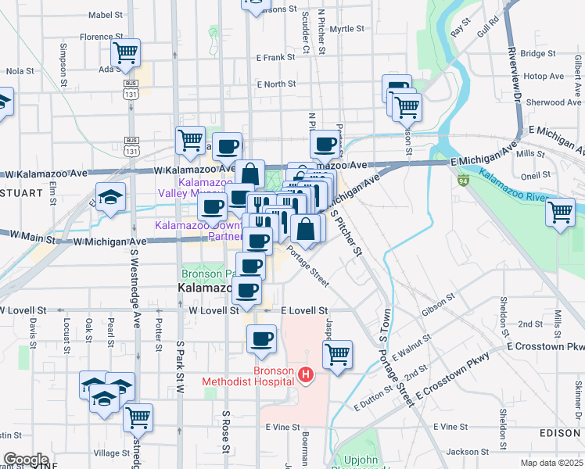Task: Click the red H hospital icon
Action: [x=306, y=376]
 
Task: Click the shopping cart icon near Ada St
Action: [x=125, y=54]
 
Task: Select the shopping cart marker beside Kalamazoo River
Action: [x=560, y=212]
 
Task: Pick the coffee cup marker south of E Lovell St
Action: [x=261, y=339]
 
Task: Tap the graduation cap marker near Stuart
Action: [x=110, y=197]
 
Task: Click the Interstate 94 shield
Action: [x=463, y=181]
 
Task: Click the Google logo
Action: [x=25, y=460]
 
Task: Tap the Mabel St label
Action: [x=106, y=15]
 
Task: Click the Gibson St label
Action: [x=439, y=304]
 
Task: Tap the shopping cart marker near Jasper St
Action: [x=337, y=354]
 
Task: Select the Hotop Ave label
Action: [x=544, y=77]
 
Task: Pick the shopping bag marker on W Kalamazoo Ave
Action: [x=249, y=174]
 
